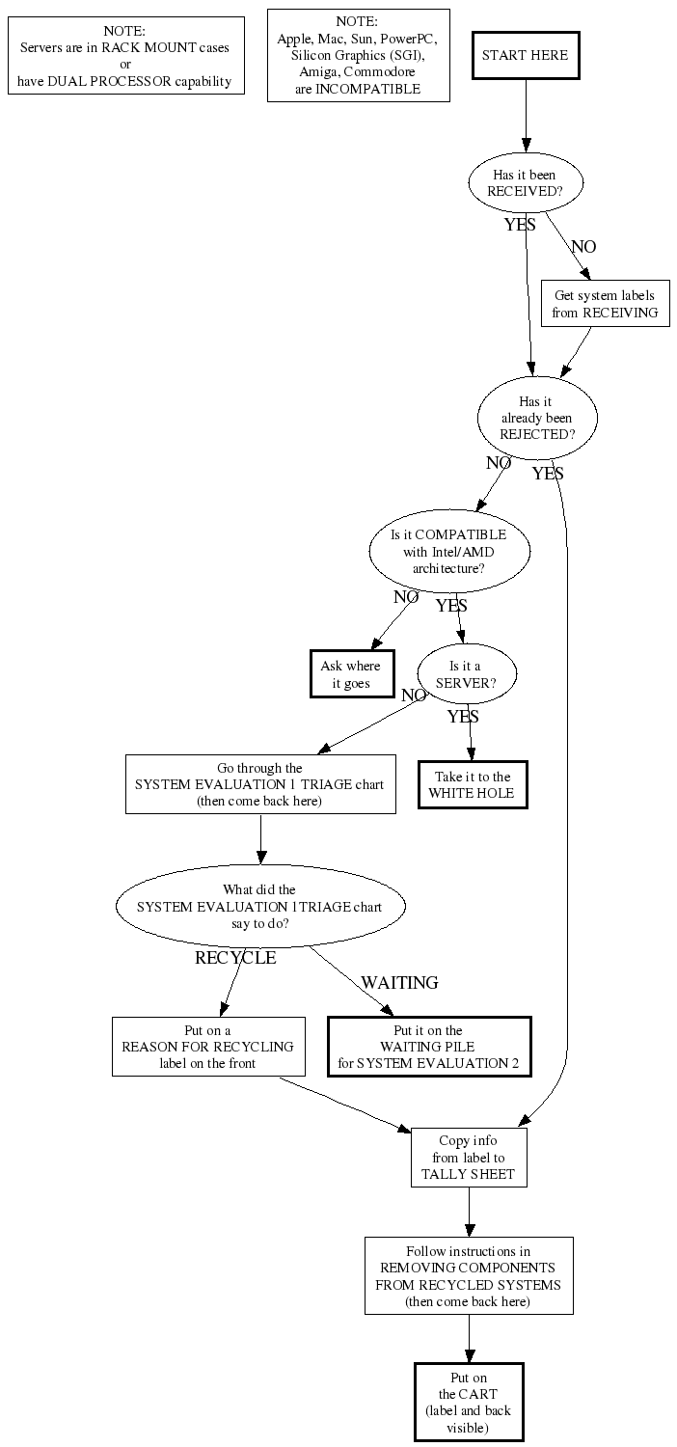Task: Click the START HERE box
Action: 526,55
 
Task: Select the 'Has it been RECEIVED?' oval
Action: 526,183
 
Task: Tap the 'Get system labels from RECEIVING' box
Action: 605,304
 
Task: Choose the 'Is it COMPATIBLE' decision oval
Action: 448,551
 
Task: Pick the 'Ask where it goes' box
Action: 350,674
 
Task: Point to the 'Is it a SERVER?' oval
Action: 467,673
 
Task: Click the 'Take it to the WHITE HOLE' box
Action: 473,784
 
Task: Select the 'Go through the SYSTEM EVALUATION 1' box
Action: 260,784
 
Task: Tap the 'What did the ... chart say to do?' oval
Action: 260,906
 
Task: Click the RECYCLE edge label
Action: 235,958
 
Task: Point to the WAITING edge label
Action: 399,982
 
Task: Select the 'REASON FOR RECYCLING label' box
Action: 208,1047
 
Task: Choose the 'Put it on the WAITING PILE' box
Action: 429,1047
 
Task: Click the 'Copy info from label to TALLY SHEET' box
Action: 469,1158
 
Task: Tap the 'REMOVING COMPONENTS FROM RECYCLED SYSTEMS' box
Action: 469,1275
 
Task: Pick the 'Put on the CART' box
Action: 469,1402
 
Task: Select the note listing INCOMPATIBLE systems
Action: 357,55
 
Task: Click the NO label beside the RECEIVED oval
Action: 583,247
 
